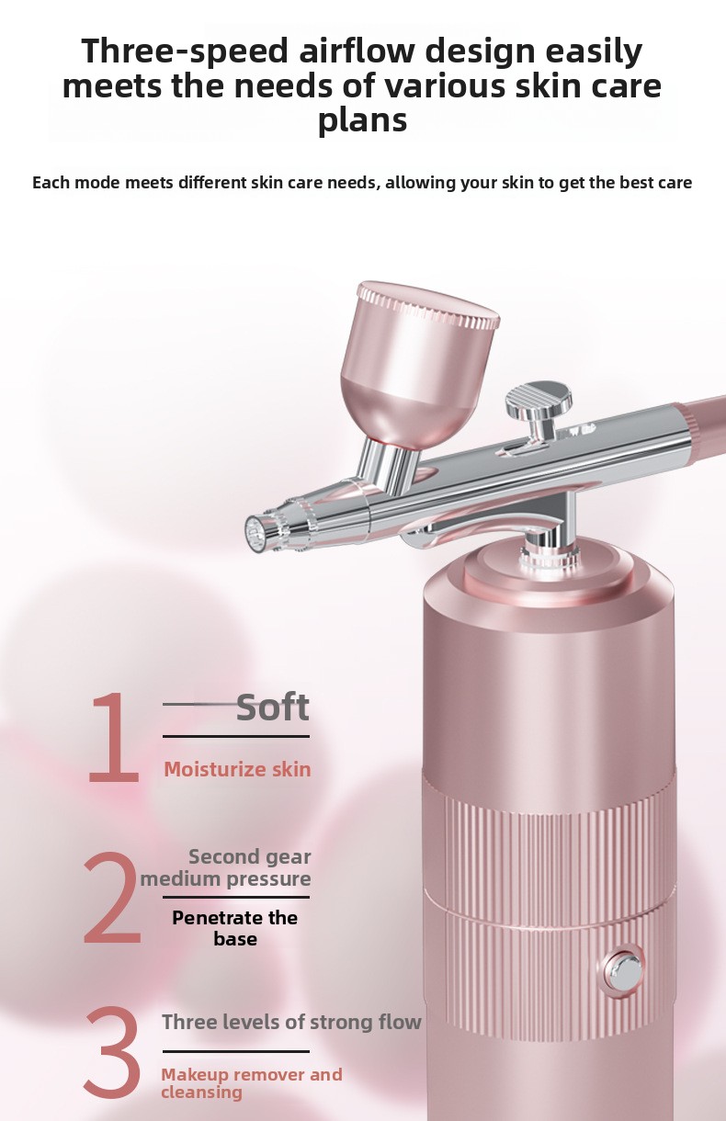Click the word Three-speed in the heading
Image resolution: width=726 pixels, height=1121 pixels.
point(186,52)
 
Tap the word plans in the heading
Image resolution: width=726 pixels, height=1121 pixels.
point(362,120)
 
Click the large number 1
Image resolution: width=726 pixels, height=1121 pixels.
point(114,738)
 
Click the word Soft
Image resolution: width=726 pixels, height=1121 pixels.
point(273,708)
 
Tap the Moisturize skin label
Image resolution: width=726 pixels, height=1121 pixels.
point(237,769)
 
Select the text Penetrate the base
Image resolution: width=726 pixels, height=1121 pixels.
point(235,928)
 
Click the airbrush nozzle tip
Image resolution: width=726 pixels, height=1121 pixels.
point(255,530)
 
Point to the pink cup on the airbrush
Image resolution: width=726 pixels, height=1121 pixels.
point(420,364)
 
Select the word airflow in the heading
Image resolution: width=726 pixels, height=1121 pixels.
point(357,51)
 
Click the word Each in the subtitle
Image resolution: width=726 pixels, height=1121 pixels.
point(51,183)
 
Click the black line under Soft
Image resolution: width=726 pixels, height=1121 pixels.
point(236,736)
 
